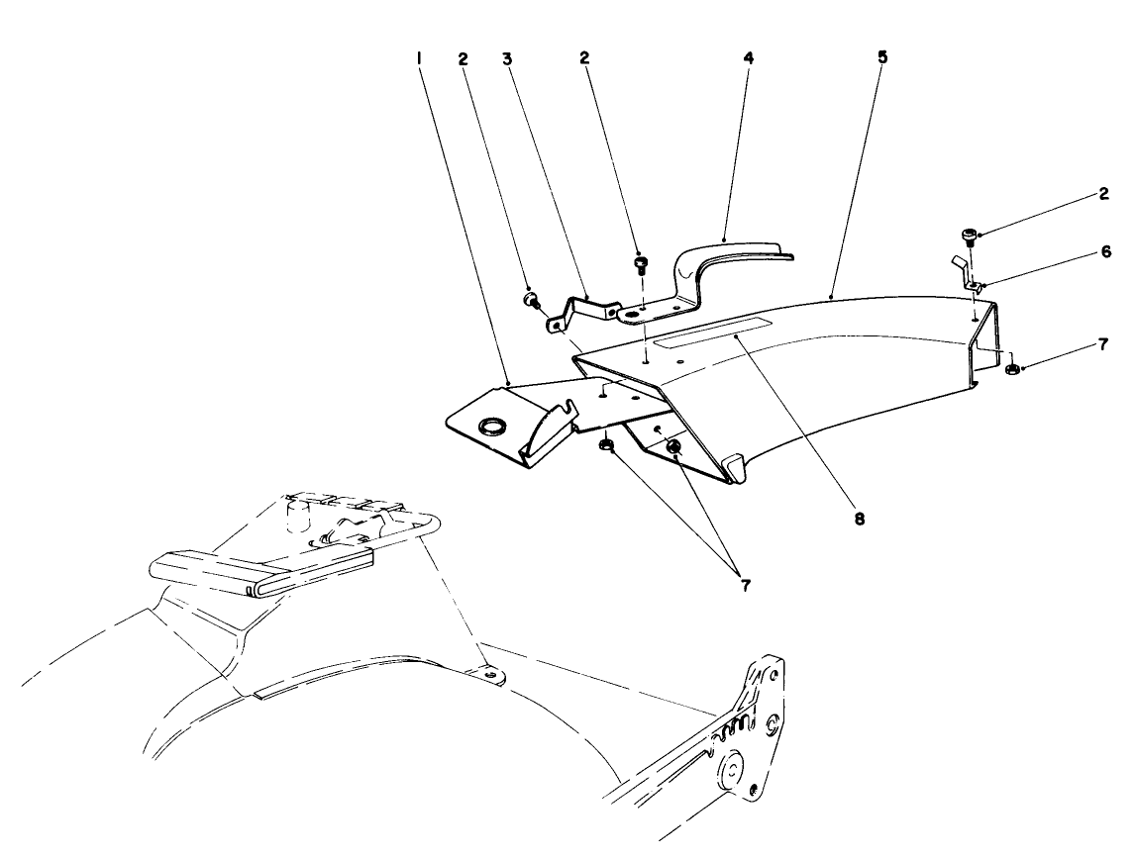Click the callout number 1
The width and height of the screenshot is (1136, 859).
[x=420, y=58]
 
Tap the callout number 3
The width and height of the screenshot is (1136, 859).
[x=506, y=58]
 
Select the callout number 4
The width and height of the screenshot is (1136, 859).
[x=749, y=58]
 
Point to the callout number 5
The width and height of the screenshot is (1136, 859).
[x=882, y=57]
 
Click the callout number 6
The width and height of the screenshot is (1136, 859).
[x=1103, y=254]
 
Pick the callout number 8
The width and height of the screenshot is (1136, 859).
[x=859, y=518]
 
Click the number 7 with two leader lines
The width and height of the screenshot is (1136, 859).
[x=744, y=585]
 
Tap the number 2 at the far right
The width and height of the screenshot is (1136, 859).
[x=1103, y=194]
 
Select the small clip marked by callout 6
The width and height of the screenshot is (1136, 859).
[x=967, y=276]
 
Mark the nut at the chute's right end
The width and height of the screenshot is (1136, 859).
[x=1012, y=370]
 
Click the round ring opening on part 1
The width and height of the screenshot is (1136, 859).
[x=491, y=427]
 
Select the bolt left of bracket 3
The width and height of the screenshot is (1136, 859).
[x=532, y=298]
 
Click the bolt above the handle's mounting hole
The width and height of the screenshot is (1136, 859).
[x=642, y=265]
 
